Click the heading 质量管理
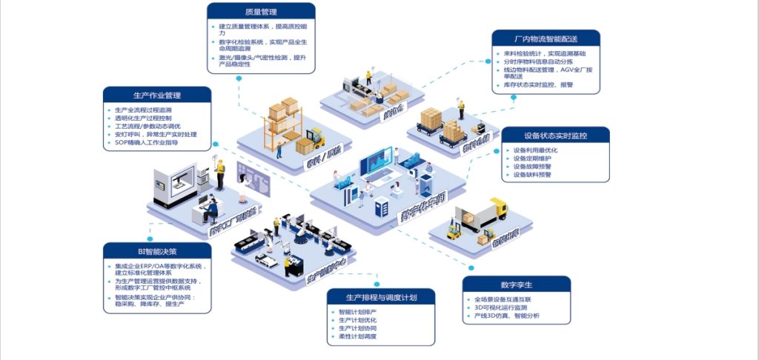pos(261,12)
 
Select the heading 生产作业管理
pos(157,96)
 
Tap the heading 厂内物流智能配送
pos(546,39)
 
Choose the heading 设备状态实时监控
pos(555,136)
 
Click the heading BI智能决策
pos(158,251)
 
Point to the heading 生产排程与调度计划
pos(381,297)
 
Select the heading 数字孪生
pos(516,284)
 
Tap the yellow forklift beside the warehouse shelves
pos(314,139)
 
